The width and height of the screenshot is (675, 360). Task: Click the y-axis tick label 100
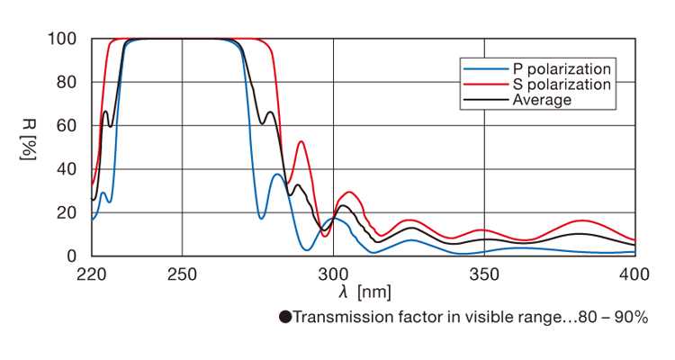[65, 40]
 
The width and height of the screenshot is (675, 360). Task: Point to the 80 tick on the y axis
[69, 83]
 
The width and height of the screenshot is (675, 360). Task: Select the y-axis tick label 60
[69, 126]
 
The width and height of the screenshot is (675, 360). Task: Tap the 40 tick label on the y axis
[69, 169]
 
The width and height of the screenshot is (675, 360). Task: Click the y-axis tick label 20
[69, 213]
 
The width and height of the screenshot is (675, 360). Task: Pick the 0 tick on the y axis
[74, 256]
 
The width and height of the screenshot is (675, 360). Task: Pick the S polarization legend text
[562, 85]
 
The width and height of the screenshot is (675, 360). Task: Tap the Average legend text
[542, 100]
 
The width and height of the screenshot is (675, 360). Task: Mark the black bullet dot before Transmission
[285, 318]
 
